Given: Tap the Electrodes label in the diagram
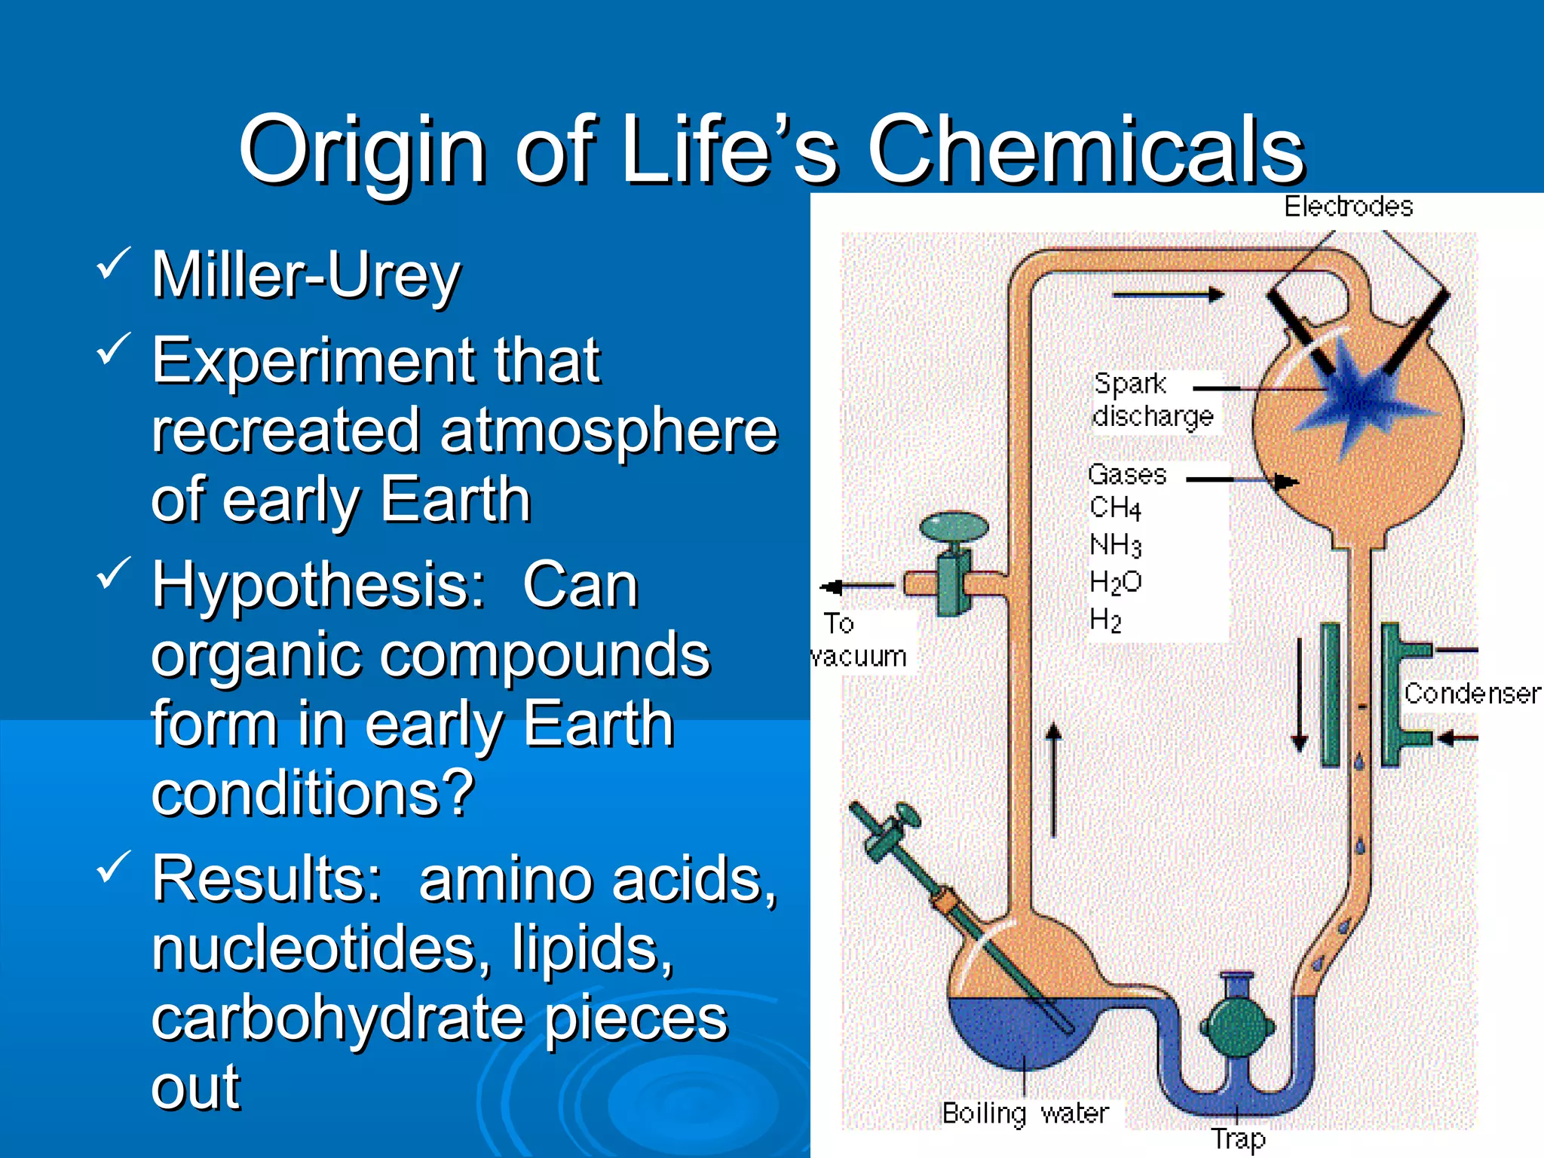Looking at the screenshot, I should click(x=1348, y=207).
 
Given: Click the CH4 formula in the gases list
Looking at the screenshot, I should click(x=1115, y=508).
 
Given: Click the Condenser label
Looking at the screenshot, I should click(x=1472, y=694).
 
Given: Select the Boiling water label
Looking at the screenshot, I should click(x=1025, y=1113).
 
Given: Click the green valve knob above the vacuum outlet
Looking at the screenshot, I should click(x=954, y=526).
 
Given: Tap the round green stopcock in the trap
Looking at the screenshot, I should click(x=1237, y=1025).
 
